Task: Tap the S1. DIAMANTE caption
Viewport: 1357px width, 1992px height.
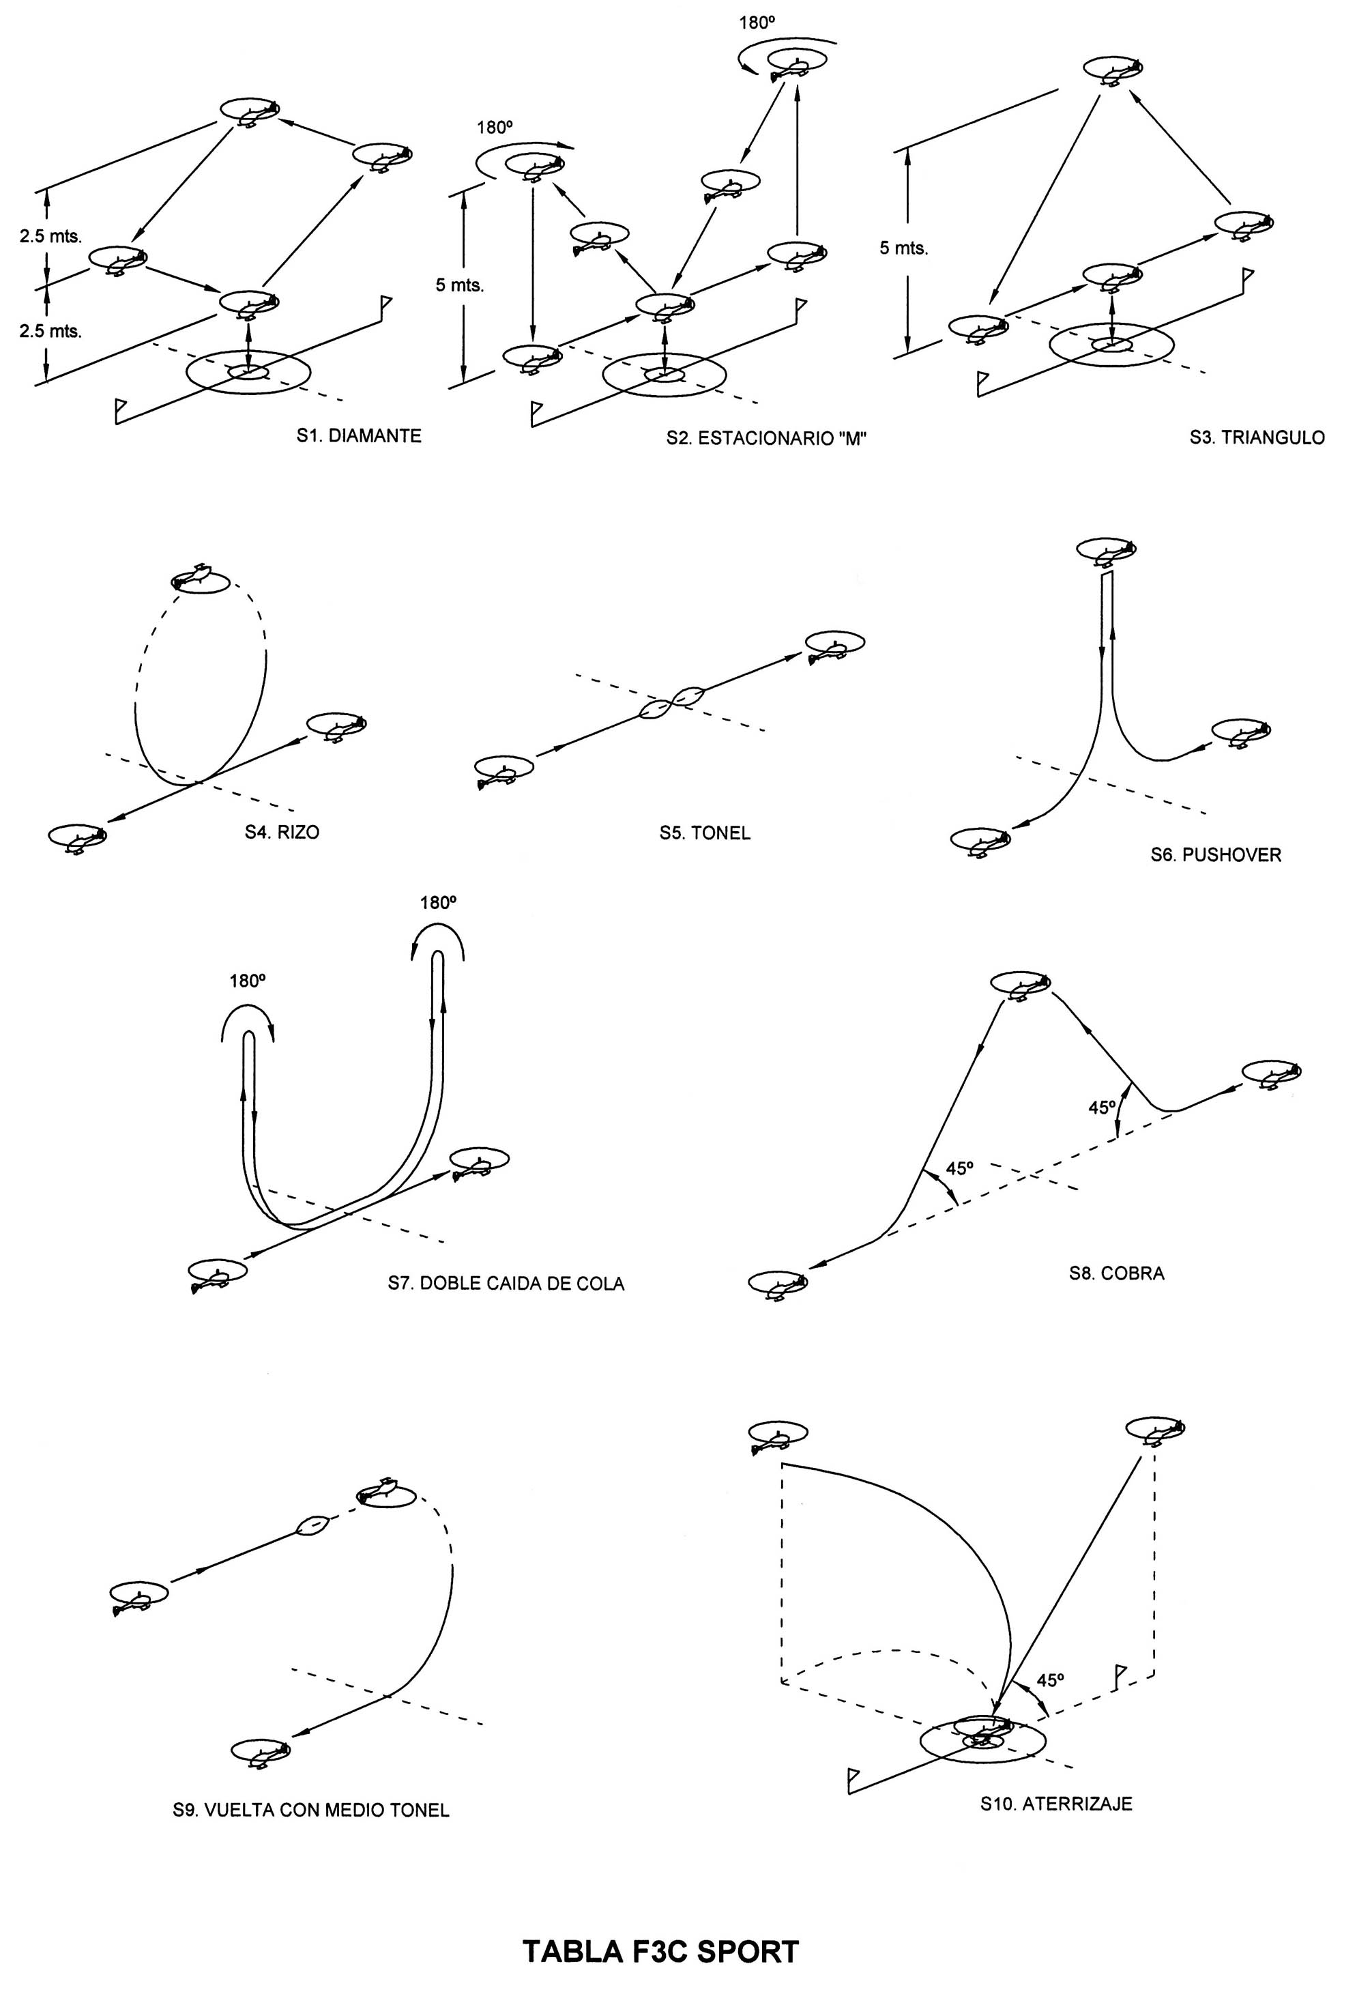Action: coord(359,436)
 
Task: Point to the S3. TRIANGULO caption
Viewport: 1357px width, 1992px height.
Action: coord(1256,438)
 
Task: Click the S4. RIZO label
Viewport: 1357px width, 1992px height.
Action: coord(282,833)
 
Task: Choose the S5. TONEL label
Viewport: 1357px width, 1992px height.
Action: coord(704,833)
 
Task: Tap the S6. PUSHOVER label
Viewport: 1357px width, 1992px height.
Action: coord(1216,854)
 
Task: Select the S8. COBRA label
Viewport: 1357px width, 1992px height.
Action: coord(1116,1273)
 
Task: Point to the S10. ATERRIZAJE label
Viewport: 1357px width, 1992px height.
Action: coord(1056,1804)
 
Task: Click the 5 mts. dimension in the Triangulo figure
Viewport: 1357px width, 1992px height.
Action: coord(904,248)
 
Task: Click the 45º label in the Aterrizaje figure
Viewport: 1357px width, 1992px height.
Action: coord(1049,1680)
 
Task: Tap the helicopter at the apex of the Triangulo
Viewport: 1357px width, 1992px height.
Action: coord(1113,70)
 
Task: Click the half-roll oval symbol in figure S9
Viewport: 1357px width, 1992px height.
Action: coord(312,1525)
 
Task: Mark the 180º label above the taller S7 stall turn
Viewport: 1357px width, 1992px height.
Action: coord(438,903)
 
